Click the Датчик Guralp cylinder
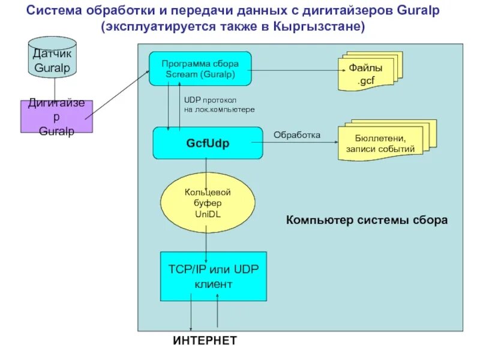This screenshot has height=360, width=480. pos(52,59)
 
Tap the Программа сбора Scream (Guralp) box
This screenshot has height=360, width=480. pos(200,68)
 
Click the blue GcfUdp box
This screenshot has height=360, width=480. pos(208,143)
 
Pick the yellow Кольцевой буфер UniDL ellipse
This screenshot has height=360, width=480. pos(207,203)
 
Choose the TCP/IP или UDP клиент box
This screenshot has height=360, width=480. pos(213,276)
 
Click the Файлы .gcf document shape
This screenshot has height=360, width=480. pos(370,74)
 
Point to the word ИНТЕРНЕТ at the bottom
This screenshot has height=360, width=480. pos(205,341)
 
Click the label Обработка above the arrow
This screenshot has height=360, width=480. pos(297,135)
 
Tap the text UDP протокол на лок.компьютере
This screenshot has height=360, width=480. pos(219,105)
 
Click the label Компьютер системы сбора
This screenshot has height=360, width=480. pos(367,220)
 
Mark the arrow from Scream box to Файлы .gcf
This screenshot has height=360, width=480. pos(294,70)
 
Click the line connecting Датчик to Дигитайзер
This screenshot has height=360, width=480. pos(56,88)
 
